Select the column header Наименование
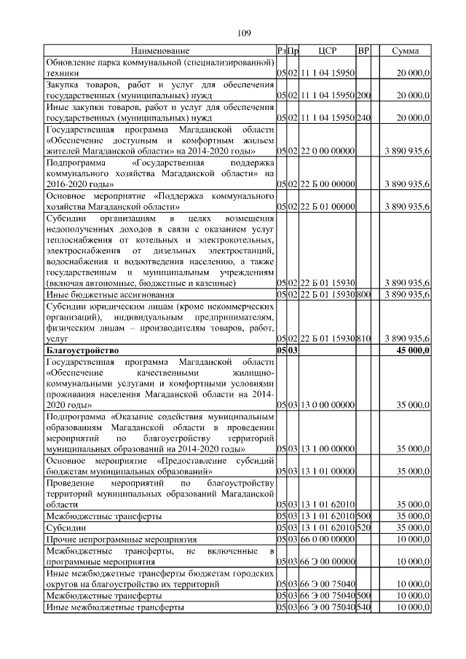[160, 51]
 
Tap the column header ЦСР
[327, 51]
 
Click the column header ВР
[364, 51]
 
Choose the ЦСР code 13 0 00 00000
[327, 405]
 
